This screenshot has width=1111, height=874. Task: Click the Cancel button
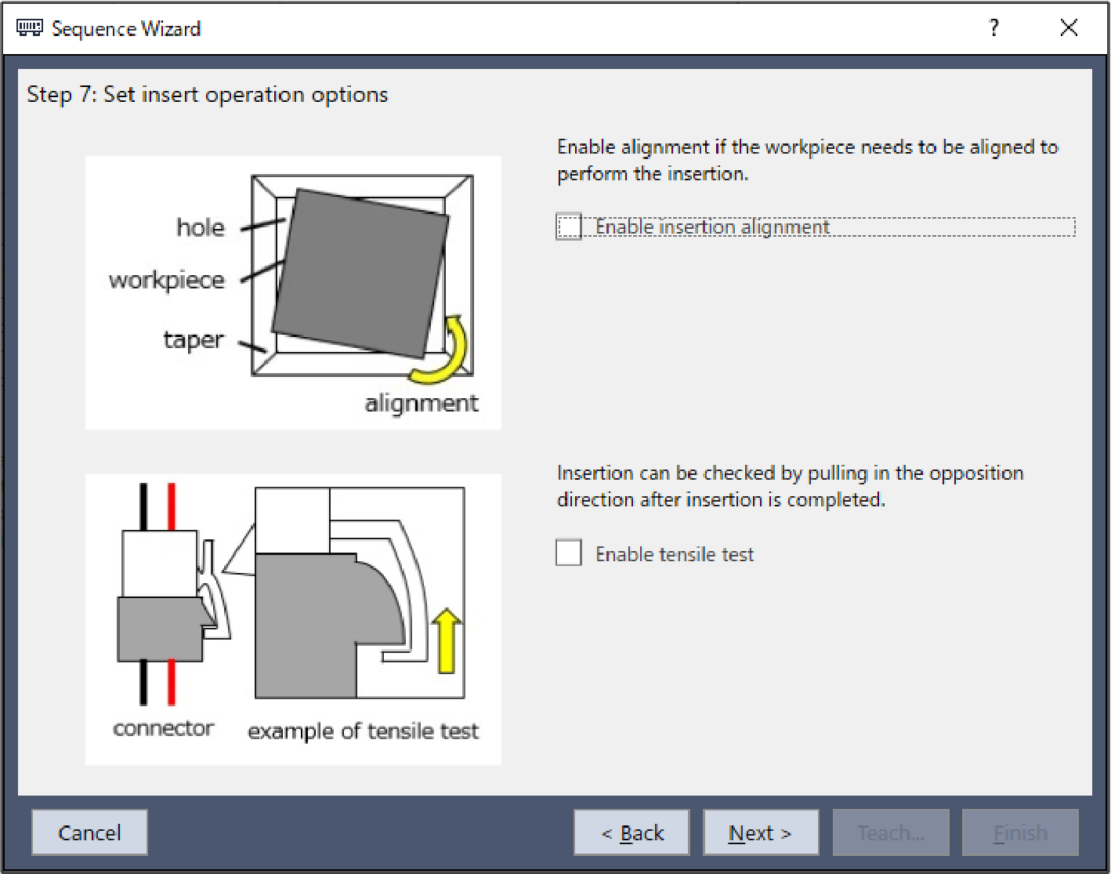tap(89, 832)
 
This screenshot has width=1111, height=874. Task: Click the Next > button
tap(760, 832)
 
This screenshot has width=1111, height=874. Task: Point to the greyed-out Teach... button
tap(891, 832)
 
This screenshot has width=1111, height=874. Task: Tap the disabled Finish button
tap(1020, 832)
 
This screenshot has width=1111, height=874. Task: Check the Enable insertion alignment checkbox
tap(569, 227)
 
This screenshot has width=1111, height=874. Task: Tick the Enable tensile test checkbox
tap(569, 553)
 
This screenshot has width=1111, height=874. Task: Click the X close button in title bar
tap(1069, 28)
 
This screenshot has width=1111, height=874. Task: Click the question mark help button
tap(994, 28)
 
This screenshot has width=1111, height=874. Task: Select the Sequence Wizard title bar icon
tap(30, 28)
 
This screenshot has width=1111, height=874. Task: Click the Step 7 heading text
tap(208, 95)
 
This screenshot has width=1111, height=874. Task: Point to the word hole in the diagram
tap(201, 227)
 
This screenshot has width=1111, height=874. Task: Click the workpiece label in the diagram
tap(167, 280)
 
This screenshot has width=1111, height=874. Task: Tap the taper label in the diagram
tap(194, 339)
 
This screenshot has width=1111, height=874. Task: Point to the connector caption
tap(164, 728)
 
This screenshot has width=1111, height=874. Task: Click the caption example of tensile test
tap(363, 731)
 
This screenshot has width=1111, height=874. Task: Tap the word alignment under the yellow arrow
tap(422, 403)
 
